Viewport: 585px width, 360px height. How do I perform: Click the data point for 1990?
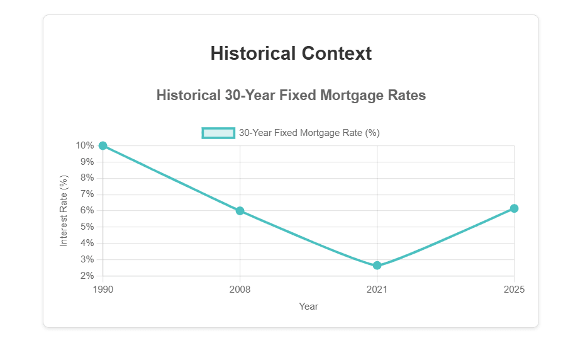point(103,146)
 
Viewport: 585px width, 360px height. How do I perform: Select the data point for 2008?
point(240,211)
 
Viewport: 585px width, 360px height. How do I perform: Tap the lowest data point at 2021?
point(377,266)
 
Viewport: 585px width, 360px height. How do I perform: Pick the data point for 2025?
point(514,208)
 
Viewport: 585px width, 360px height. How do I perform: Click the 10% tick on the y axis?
point(85,146)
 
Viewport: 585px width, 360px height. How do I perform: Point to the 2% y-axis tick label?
point(87,276)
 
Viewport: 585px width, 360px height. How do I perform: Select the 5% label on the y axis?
point(87,227)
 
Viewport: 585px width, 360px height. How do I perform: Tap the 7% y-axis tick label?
point(87,194)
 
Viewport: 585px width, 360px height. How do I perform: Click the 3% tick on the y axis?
point(87,259)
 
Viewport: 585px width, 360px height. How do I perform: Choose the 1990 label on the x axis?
point(103,290)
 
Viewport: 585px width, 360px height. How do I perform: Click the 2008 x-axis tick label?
point(240,290)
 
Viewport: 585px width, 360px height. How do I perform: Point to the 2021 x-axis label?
point(377,290)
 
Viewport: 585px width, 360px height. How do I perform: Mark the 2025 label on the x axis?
point(514,290)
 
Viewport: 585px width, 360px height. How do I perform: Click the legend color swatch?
point(218,133)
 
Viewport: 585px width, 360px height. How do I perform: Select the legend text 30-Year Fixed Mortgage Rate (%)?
point(309,133)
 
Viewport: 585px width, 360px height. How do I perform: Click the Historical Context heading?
point(291,53)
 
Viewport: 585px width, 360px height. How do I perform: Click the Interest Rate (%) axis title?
point(64,211)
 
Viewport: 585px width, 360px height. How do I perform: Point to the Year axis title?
point(308,307)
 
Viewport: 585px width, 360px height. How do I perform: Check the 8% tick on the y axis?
point(87,178)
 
